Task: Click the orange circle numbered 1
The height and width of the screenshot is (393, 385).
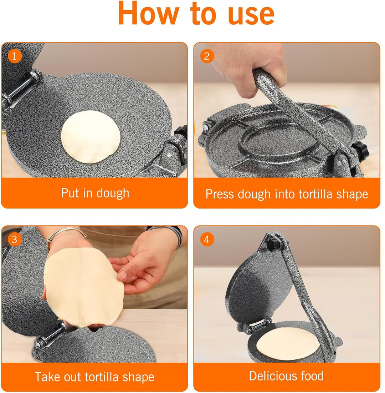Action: tap(14, 56)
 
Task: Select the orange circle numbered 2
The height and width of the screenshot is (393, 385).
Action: tap(207, 56)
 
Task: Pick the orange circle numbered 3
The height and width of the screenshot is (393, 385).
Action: tap(14, 239)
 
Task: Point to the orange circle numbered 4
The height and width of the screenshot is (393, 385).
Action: tap(207, 239)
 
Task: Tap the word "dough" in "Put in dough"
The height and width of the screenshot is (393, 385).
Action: tap(112, 193)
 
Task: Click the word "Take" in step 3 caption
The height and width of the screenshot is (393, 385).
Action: tap(48, 377)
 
